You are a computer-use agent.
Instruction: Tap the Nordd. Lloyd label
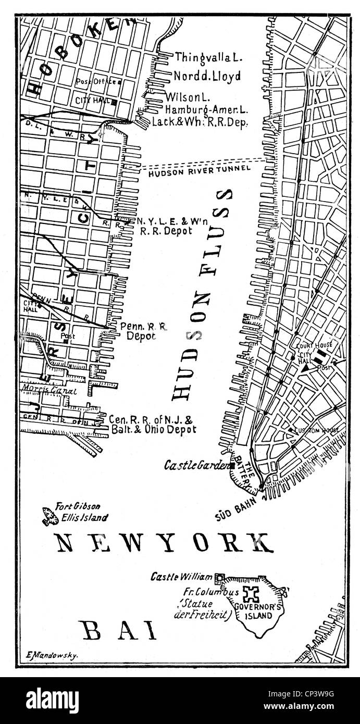pyautogui.click(x=207, y=76)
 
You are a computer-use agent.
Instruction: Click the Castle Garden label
pyautogui.click(x=196, y=465)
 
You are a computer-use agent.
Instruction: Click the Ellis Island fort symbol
pyautogui.click(x=51, y=516)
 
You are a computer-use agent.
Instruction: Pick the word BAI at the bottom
pyautogui.click(x=119, y=631)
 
